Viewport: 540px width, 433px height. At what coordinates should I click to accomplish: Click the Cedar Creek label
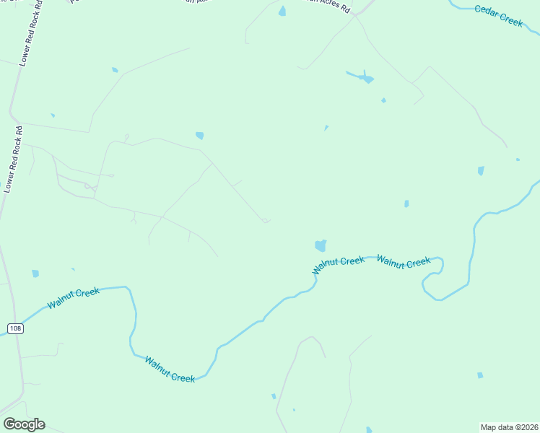(x=498, y=16)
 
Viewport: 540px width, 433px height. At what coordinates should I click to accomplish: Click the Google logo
(x=24, y=424)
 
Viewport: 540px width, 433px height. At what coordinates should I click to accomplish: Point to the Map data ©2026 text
(x=510, y=427)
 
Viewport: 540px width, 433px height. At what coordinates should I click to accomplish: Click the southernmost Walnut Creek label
(x=170, y=369)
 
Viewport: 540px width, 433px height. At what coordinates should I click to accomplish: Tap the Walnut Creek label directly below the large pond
(x=339, y=265)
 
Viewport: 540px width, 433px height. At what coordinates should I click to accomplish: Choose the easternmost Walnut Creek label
(x=404, y=262)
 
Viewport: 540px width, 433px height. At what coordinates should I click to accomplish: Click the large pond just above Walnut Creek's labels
(x=320, y=245)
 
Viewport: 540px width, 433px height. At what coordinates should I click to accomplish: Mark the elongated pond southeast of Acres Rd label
(x=360, y=76)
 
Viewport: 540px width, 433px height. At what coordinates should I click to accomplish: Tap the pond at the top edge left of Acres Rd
(x=282, y=11)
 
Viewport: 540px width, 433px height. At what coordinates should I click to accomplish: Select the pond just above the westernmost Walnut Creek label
(x=35, y=274)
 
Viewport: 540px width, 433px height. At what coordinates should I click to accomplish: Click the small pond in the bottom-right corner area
(x=480, y=375)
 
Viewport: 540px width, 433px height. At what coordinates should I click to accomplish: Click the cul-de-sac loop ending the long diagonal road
(x=266, y=220)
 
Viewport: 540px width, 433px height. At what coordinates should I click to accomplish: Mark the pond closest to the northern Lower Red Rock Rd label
(x=52, y=115)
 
